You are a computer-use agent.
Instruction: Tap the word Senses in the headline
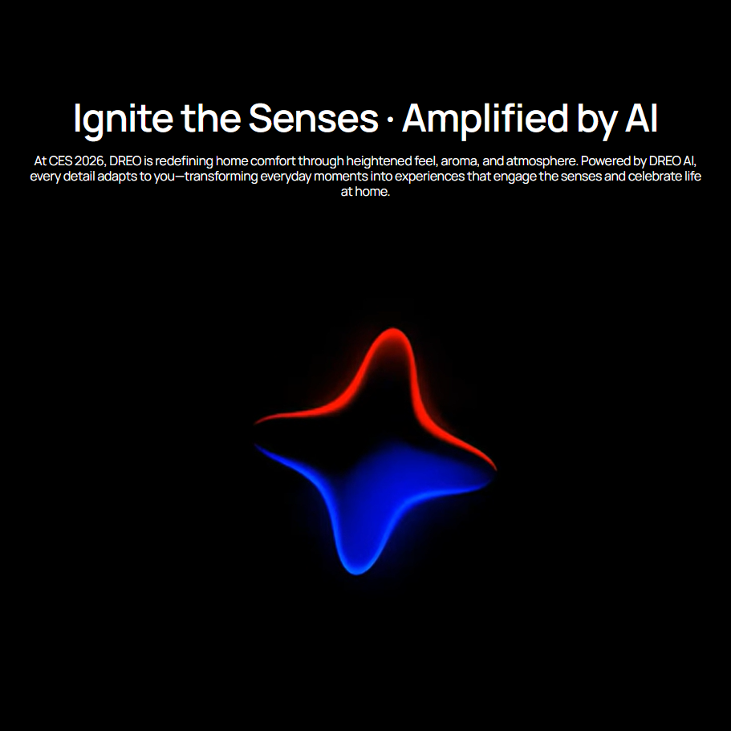313,119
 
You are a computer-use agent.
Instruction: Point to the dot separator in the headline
389,120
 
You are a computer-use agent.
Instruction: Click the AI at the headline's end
640,119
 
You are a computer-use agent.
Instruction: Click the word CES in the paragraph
59,160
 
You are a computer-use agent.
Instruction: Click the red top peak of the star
392,331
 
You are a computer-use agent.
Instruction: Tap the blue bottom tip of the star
356,570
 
